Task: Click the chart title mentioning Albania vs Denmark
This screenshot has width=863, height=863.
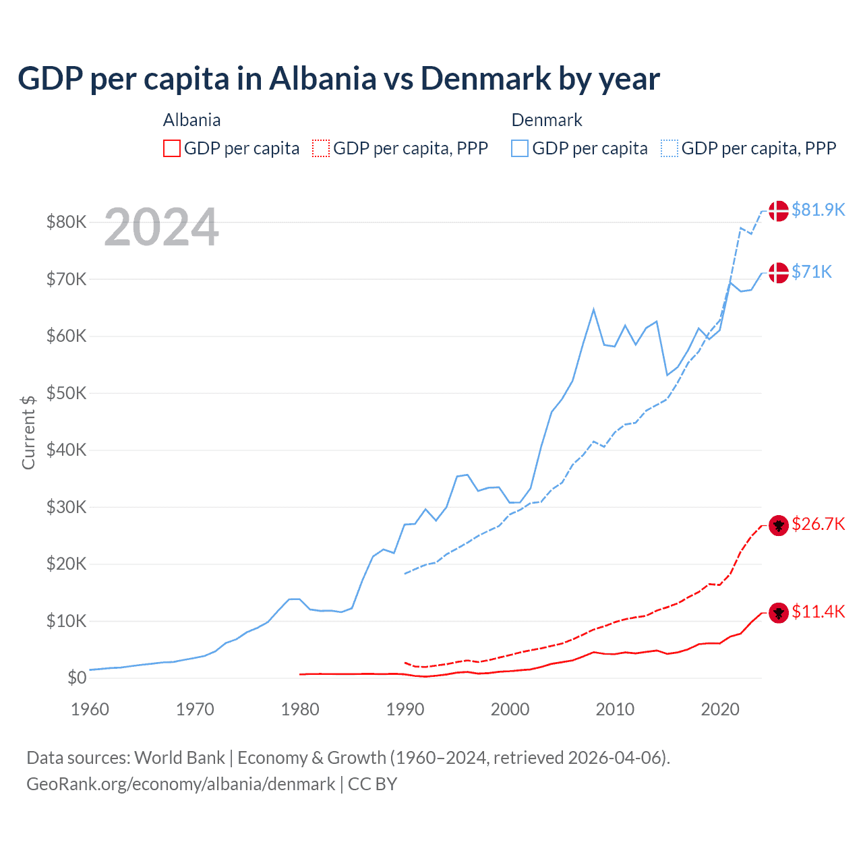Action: [338, 79]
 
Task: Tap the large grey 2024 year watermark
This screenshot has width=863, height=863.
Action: [161, 228]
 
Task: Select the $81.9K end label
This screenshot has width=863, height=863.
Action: [818, 210]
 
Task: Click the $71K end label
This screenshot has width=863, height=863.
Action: [812, 272]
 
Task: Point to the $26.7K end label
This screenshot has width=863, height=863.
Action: [818, 525]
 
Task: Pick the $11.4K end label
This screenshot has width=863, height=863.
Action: [818, 612]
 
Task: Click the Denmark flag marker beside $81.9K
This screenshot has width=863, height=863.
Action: [779, 210]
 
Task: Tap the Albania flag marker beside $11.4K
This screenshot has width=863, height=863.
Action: [779, 613]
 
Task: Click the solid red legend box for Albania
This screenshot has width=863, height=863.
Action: [172, 148]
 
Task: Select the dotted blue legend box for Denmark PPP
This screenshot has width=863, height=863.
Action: [669, 148]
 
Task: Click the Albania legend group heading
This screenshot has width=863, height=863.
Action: [191, 120]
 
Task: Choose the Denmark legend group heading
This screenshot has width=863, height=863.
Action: [546, 120]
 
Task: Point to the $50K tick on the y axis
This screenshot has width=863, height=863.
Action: [66, 393]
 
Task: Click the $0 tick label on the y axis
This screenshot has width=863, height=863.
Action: [77, 678]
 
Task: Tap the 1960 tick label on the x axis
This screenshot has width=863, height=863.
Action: [90, 709]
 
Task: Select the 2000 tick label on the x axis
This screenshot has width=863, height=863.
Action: [510, 709]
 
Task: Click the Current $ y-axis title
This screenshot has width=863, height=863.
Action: [28, 432]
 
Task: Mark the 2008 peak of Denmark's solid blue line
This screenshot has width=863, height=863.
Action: [593, 309]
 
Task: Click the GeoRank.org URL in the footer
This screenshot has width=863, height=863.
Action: [181, 784]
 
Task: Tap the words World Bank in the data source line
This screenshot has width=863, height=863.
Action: [179, 758]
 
